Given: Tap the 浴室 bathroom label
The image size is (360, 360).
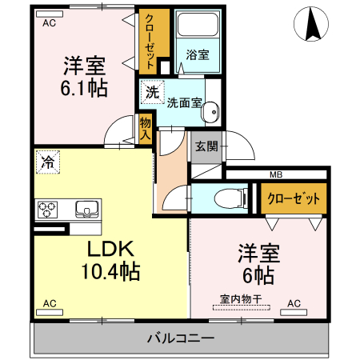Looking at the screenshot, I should pyautogui.click(x=197, y=55).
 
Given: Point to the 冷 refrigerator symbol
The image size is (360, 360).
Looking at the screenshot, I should pyautogui.click(x=47, y=162).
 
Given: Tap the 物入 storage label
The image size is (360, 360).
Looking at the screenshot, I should pyautogui.click(x=146, y=128).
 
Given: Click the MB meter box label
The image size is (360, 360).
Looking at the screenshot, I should pyautogui.click(x=276, y=174).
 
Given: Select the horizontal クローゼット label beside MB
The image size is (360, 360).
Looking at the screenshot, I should pyautogui.click(x=294, y=198).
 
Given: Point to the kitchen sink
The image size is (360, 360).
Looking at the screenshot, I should pyautogui.click(x=86, y=210).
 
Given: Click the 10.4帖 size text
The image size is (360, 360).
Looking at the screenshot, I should pyautogui.click(x=110, y=271).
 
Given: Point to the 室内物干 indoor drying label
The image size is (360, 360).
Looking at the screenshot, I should pyautogui.click(x=241, y=302).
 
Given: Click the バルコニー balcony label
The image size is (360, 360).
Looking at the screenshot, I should pyautogui.click(x=180, y=338).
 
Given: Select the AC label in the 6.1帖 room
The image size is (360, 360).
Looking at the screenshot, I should pyautogui.click(x=49, y=23).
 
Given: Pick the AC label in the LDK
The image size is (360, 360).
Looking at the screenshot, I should pyautogui.click(x=49, y=303).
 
